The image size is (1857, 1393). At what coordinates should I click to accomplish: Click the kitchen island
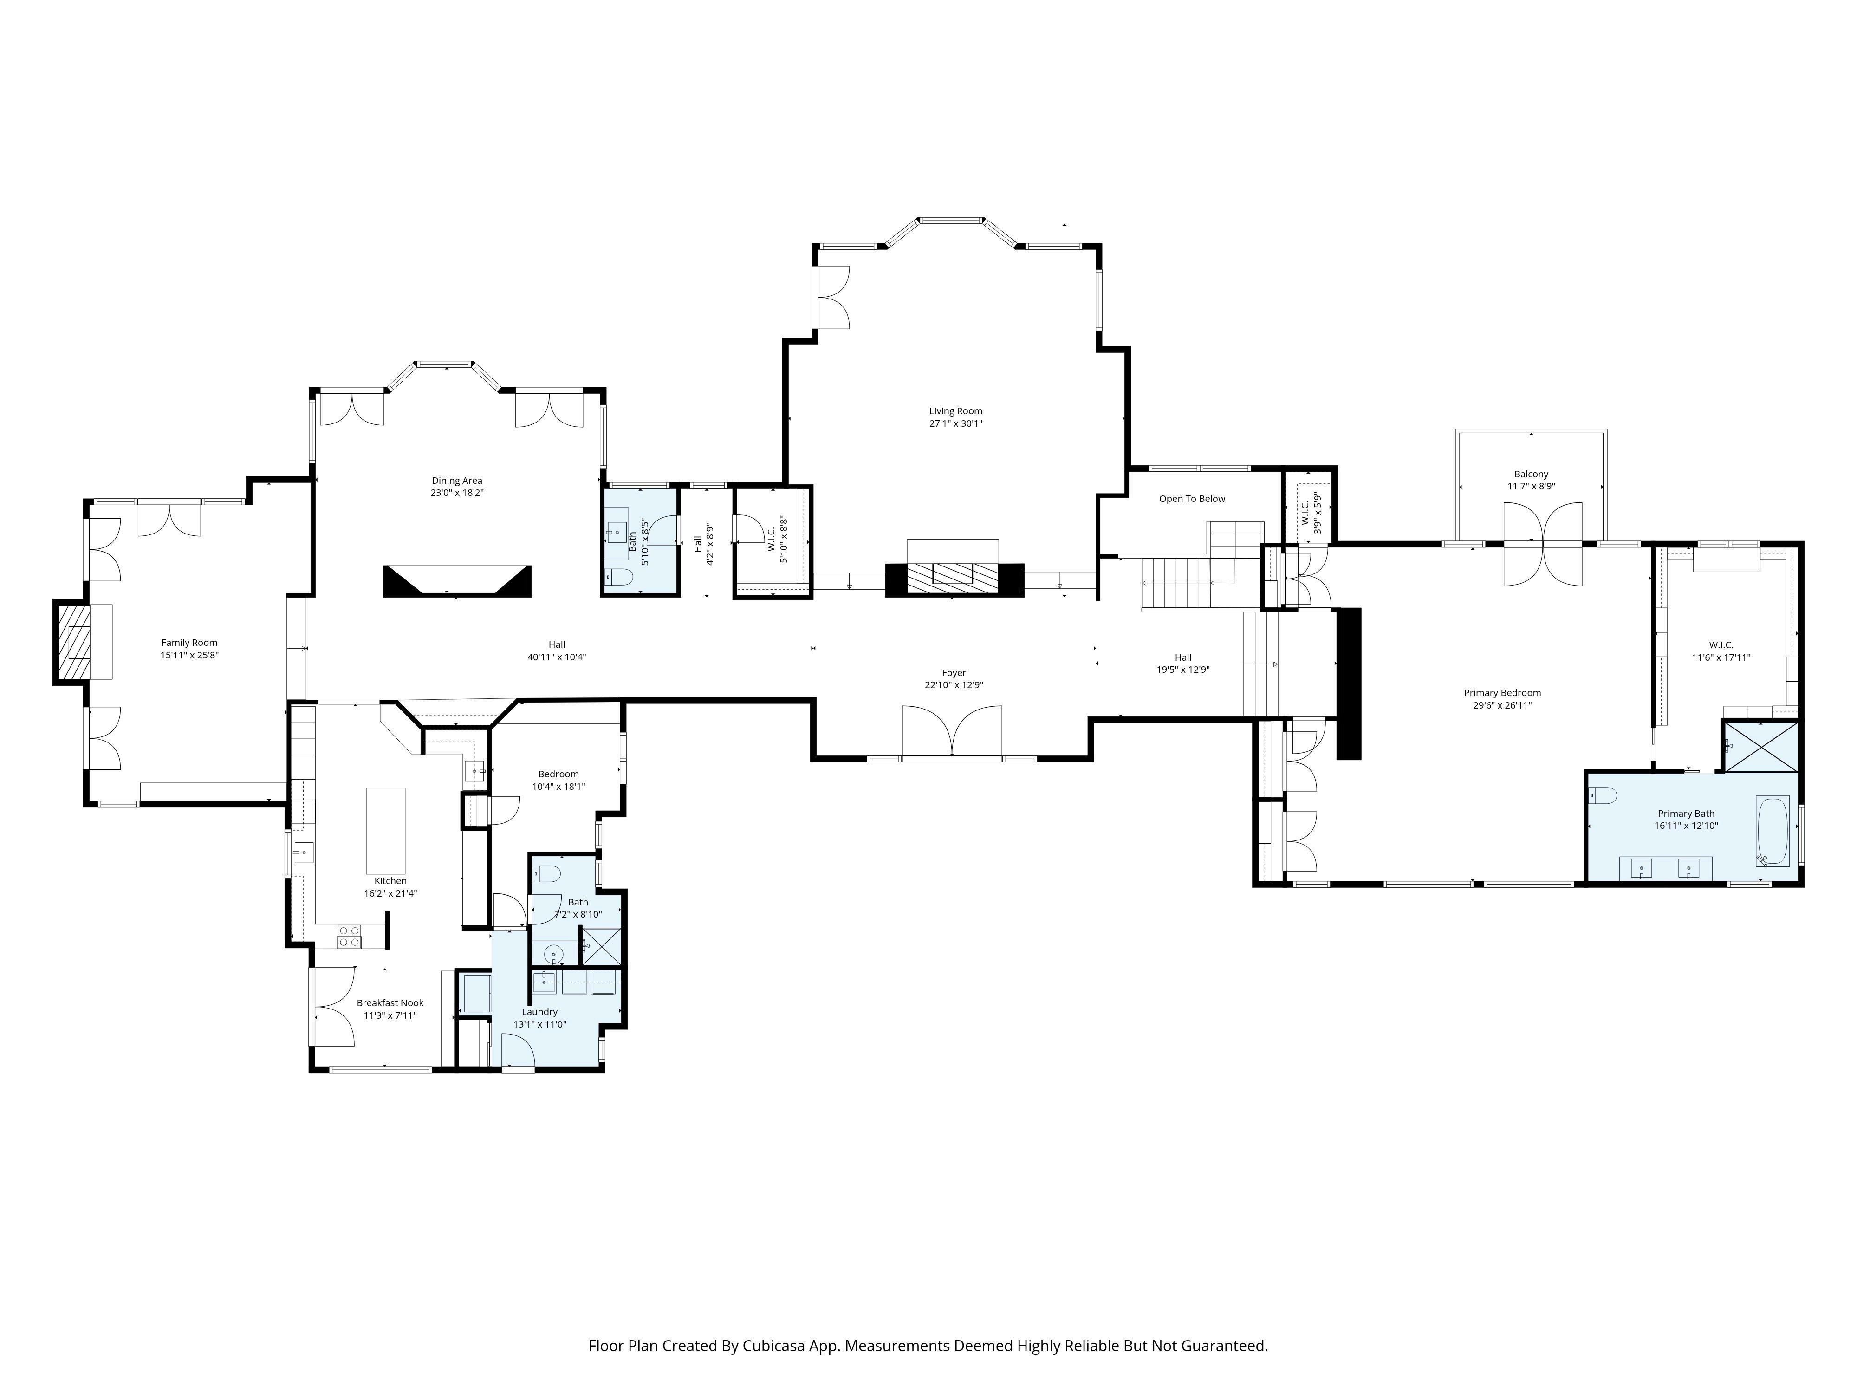click(385, 830)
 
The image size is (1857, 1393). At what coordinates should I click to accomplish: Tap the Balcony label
click(1531, 475)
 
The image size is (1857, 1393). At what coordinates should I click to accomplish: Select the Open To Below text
click(1192, 499)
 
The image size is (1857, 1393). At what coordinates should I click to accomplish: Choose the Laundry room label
click(540, 1012)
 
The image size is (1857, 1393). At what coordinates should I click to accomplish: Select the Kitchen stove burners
click(349, 936)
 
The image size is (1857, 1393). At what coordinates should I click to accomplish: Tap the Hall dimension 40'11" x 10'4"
click(557, 657)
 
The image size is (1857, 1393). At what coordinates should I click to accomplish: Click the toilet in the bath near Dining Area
click(620, 577)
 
